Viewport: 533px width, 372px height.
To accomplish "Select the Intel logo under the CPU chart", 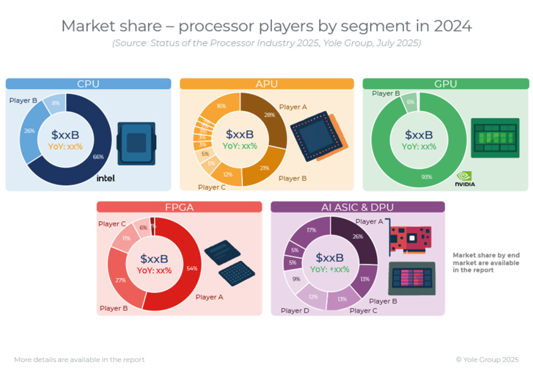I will coord(106,178).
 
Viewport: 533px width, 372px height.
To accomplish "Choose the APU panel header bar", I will coord(266,84).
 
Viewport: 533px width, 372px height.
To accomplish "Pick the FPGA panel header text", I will coord(179,207).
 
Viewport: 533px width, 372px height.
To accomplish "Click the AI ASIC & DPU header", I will coord(358,207).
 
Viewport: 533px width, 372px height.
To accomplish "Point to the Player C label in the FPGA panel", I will coord(112,224).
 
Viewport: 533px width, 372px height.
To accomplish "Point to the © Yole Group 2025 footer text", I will coord(488,359).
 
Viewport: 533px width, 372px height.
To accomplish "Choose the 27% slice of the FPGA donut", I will coord(120,280).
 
